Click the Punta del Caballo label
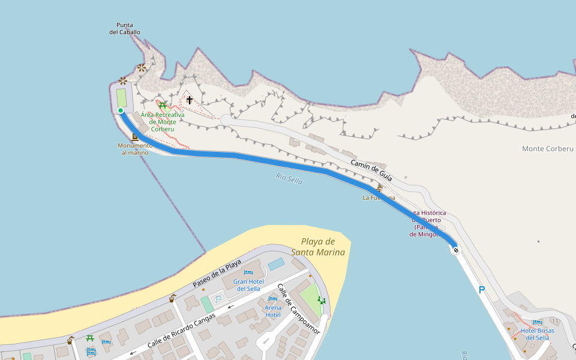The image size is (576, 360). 125,29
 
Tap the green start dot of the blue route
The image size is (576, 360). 121,110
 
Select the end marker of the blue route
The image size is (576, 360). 456,250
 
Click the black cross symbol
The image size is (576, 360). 190,100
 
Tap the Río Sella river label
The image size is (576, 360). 289,178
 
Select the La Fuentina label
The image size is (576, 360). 379,197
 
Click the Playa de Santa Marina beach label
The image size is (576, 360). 318,247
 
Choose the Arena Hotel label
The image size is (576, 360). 272,311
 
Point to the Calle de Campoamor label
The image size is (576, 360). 299,309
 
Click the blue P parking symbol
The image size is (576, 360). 481,290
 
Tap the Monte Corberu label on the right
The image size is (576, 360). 547,149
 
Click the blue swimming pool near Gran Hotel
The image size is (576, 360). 276,264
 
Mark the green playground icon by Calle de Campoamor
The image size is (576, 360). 322,299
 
